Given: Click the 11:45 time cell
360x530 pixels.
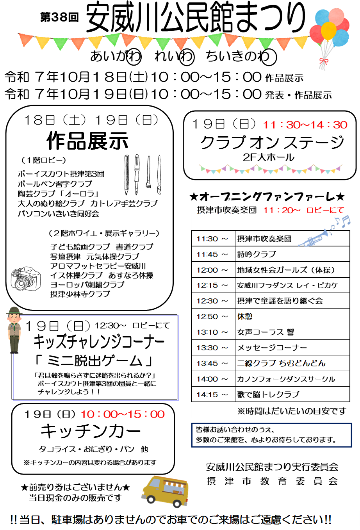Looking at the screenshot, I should pos(206,255).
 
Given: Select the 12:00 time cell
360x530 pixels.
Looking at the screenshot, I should pos(206,270).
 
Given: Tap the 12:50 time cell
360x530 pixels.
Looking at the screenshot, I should pos(206,317).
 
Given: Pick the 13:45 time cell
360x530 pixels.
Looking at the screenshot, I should pos(206,364).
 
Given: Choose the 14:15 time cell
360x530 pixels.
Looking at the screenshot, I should pos(206,395).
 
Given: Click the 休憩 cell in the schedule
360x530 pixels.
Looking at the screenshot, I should pos(292,316).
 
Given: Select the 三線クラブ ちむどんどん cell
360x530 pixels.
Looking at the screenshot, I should pos(292,363).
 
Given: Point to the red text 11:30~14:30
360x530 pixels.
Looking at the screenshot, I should pos(305,125).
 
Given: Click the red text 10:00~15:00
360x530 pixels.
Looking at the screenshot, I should pos(123,414).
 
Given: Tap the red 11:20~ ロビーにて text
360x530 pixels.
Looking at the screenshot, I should pos(304,210).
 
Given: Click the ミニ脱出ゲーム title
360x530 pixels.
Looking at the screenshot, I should pos(94,360).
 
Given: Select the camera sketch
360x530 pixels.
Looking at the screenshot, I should pos(26,278).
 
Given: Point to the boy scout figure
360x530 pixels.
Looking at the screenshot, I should pos(14,330).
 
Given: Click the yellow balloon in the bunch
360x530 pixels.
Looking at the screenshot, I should pos(328,30).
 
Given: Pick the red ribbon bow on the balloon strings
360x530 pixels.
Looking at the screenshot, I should pos(323,61).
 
